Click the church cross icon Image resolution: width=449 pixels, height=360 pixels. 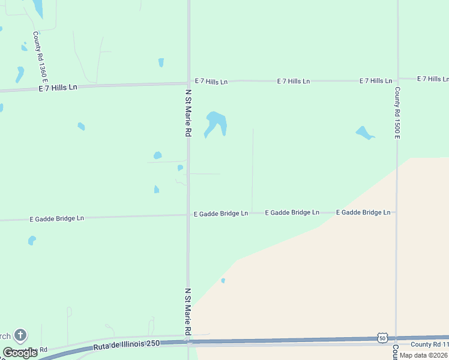pos(20,335)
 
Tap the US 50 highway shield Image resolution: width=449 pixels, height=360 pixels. pos(382,338)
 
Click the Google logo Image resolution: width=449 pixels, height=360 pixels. pos(20,353)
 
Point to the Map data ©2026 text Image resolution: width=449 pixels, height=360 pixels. pos(423,355)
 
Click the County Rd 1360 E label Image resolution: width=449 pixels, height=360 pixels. pos(40,57)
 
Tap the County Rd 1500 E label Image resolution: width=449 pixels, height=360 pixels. pos(397,112)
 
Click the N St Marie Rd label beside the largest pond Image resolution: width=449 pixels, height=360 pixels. pos(188,112)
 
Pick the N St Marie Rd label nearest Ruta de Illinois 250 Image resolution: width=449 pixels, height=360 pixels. pos(188,311)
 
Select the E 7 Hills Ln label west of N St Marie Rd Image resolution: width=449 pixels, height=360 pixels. pos(57,87)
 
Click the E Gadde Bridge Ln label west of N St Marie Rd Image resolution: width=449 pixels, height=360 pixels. pos(56,218)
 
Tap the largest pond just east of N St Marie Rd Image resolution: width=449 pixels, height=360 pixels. pos(215,124)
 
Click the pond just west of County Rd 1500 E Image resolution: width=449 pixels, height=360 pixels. pos(364,133)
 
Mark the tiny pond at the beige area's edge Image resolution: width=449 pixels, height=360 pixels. pos(223,280)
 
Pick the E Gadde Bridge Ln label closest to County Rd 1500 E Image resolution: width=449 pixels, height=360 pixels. pos(363,212)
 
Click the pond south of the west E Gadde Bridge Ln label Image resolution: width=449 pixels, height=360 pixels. pos(32,240)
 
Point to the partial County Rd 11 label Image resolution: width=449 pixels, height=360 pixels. pos(429,344)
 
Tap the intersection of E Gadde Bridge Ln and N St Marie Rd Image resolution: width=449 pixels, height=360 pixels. pos(188,214)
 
